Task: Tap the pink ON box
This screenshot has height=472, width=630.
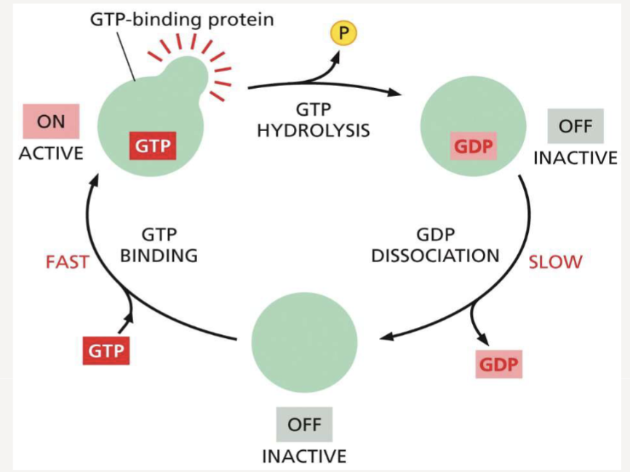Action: point(51,122)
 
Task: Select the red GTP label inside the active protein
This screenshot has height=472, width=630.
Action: point(153,145)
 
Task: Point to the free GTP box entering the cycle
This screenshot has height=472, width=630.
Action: point(106,351)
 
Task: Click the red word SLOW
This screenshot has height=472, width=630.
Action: point(555,261)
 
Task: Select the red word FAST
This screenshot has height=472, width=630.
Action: point(67,261)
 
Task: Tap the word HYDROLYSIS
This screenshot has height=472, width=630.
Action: point(313,131)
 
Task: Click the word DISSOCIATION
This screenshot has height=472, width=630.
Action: point(435,256)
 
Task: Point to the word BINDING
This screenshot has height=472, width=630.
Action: point(159,256)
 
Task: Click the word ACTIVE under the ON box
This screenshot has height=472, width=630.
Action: point(51,154)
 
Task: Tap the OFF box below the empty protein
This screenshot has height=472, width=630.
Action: point(304,425)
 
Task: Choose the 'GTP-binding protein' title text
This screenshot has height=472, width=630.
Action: point(182,19)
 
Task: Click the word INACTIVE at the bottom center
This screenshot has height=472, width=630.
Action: point(304,457)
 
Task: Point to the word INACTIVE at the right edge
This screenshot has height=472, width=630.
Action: point(575,157)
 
